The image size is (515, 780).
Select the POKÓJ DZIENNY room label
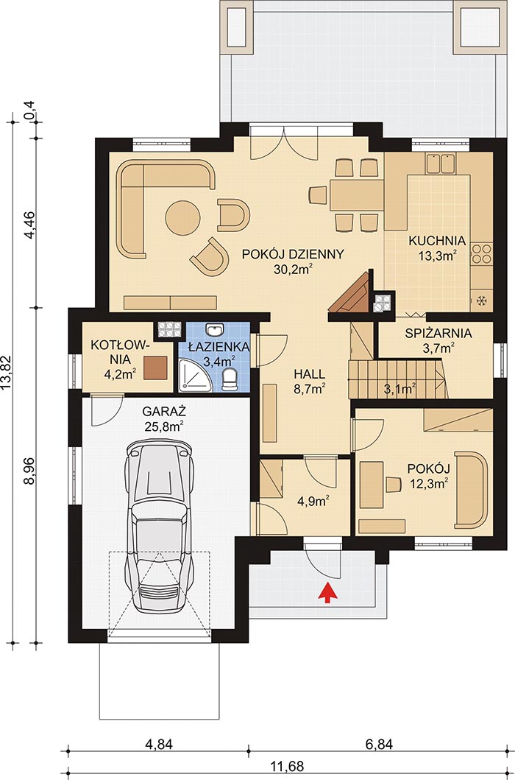(292, 255)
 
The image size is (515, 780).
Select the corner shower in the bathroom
(192, 379)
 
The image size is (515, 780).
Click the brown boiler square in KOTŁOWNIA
(155, 366)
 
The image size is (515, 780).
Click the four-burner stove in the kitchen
(482, 253)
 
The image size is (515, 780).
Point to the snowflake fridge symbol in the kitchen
(481, 301)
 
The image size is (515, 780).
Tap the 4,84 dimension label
(160, 745)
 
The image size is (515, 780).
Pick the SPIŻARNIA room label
(438, 333)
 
